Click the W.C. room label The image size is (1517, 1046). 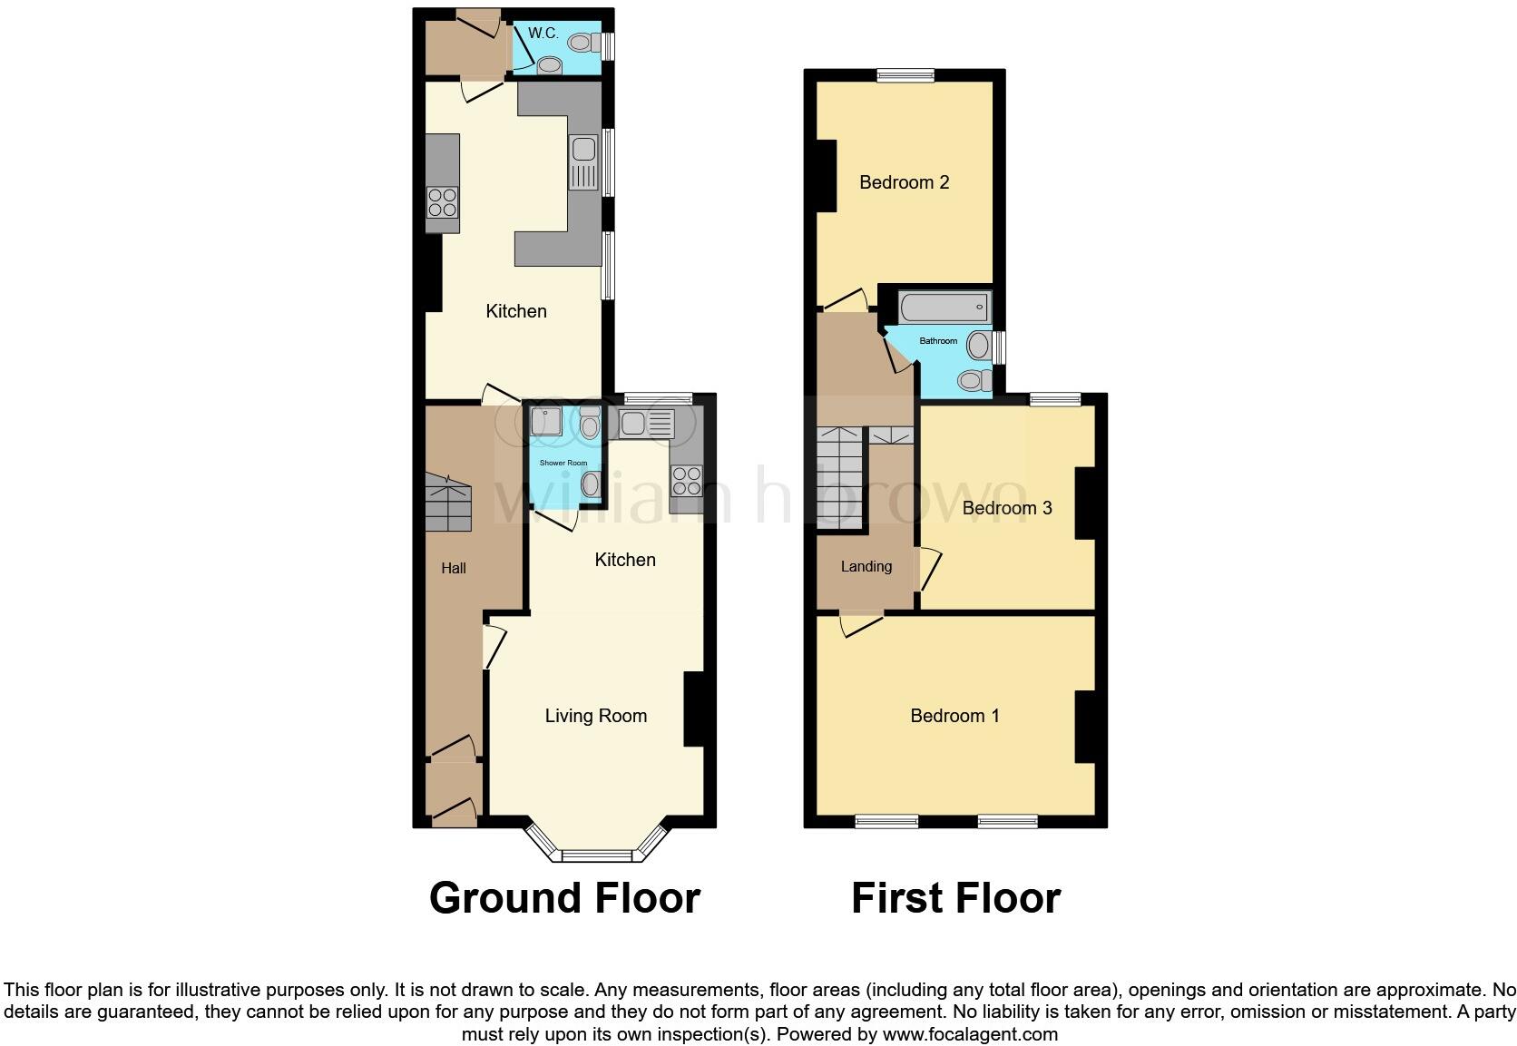coord(543,34)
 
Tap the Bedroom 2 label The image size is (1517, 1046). coord(904,182)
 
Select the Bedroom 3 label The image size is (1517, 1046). coord(1006,508)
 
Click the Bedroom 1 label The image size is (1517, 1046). coord(954,716)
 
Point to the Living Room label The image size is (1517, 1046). coord(595,716)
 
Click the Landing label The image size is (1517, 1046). coord(866,566)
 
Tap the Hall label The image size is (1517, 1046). coord(453,568)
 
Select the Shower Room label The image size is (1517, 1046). coord(563,463)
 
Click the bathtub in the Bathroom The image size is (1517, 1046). coord(944,308)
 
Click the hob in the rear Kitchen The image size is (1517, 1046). coord(443,201)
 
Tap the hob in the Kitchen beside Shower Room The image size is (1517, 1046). coord(687,479)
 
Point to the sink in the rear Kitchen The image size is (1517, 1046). coord(583,162)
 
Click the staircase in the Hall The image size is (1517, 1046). coord(448,505)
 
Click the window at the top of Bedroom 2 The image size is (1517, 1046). coord(905,76)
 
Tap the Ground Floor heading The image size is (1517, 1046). coord(563,898)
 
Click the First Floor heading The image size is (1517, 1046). coord(954,898)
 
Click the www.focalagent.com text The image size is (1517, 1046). coord(970,1034)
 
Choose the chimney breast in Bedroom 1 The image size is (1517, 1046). coord(1084,727)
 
